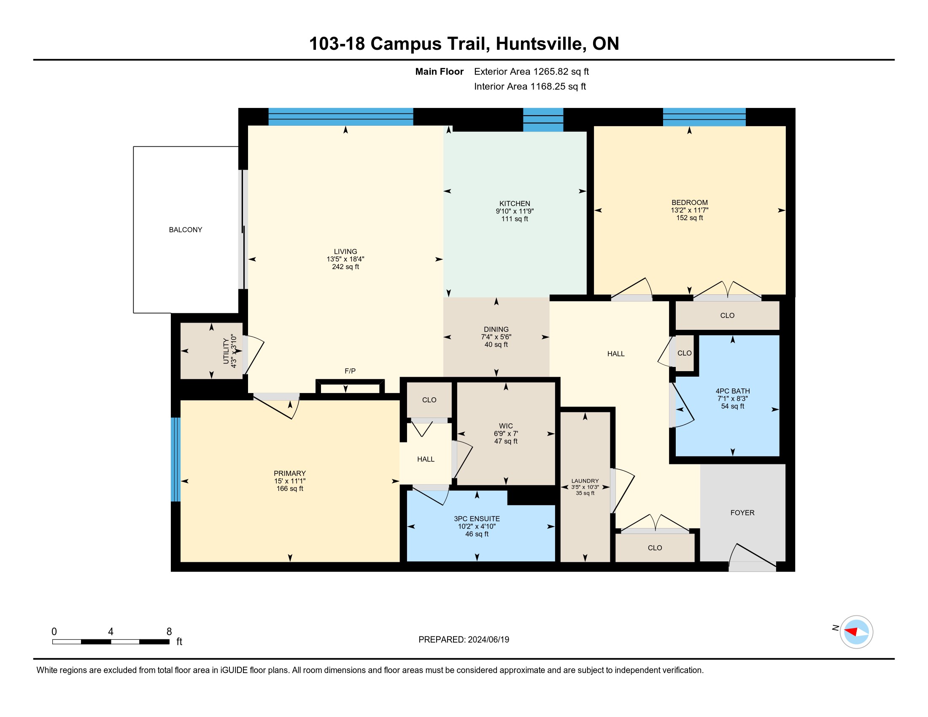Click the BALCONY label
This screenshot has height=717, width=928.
tap(185, 230)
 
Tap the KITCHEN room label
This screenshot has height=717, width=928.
tap(515, 203)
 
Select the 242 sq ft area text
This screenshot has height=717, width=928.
tap(345, 267)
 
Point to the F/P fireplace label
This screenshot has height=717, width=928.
tap(350, 371)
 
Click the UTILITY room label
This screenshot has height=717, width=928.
tap(226, 351)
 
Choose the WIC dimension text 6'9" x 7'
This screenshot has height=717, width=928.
tap(506, 434)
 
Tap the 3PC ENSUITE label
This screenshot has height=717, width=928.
tap(477, 519)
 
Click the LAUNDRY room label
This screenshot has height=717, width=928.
tap(585, 481)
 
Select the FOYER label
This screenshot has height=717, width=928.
tap(742, 513)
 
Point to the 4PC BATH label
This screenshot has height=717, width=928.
tap(733, 391)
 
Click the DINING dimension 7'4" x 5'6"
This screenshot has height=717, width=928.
tap(496, 337)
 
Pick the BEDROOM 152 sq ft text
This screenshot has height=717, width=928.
tap(690, 218)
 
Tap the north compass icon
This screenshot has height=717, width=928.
tap(856, 632)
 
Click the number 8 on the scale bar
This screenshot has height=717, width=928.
tap(169, 632)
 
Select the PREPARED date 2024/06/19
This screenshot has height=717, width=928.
tap(488, 640)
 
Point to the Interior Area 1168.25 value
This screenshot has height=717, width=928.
tap(548, 86)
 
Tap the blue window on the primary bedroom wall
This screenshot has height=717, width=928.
tap(175, 460)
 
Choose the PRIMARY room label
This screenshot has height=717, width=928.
tap(290, 473)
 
